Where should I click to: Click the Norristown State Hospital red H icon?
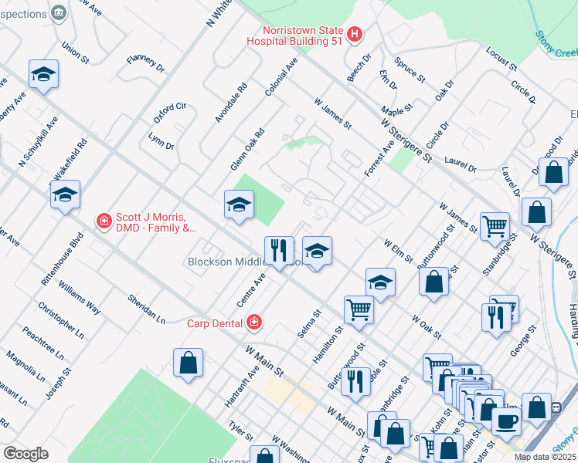pyautogui.click(x=354, y=34)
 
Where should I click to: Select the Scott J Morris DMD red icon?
pyautogui.click(x=104, y=221)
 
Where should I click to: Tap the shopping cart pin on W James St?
pyautogui.click(x=495, y=227)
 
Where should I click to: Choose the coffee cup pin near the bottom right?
pyautogui.click(x=506, y=422)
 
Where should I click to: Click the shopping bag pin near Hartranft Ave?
pyautogui.click(x=188, y=363)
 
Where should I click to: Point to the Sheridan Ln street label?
pyautogui.click(x=147, y=308)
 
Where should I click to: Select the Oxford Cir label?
pyautogui.click(x=170, y=112)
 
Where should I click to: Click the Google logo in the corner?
pyautogui.click(x=25, y=453)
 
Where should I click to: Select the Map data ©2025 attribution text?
pyautogui.click(x=545, y=457)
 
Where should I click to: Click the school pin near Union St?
pyautogui.click(x=43, y=74)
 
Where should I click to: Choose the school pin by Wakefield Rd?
pyautogui.click(x=65, y=195)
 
